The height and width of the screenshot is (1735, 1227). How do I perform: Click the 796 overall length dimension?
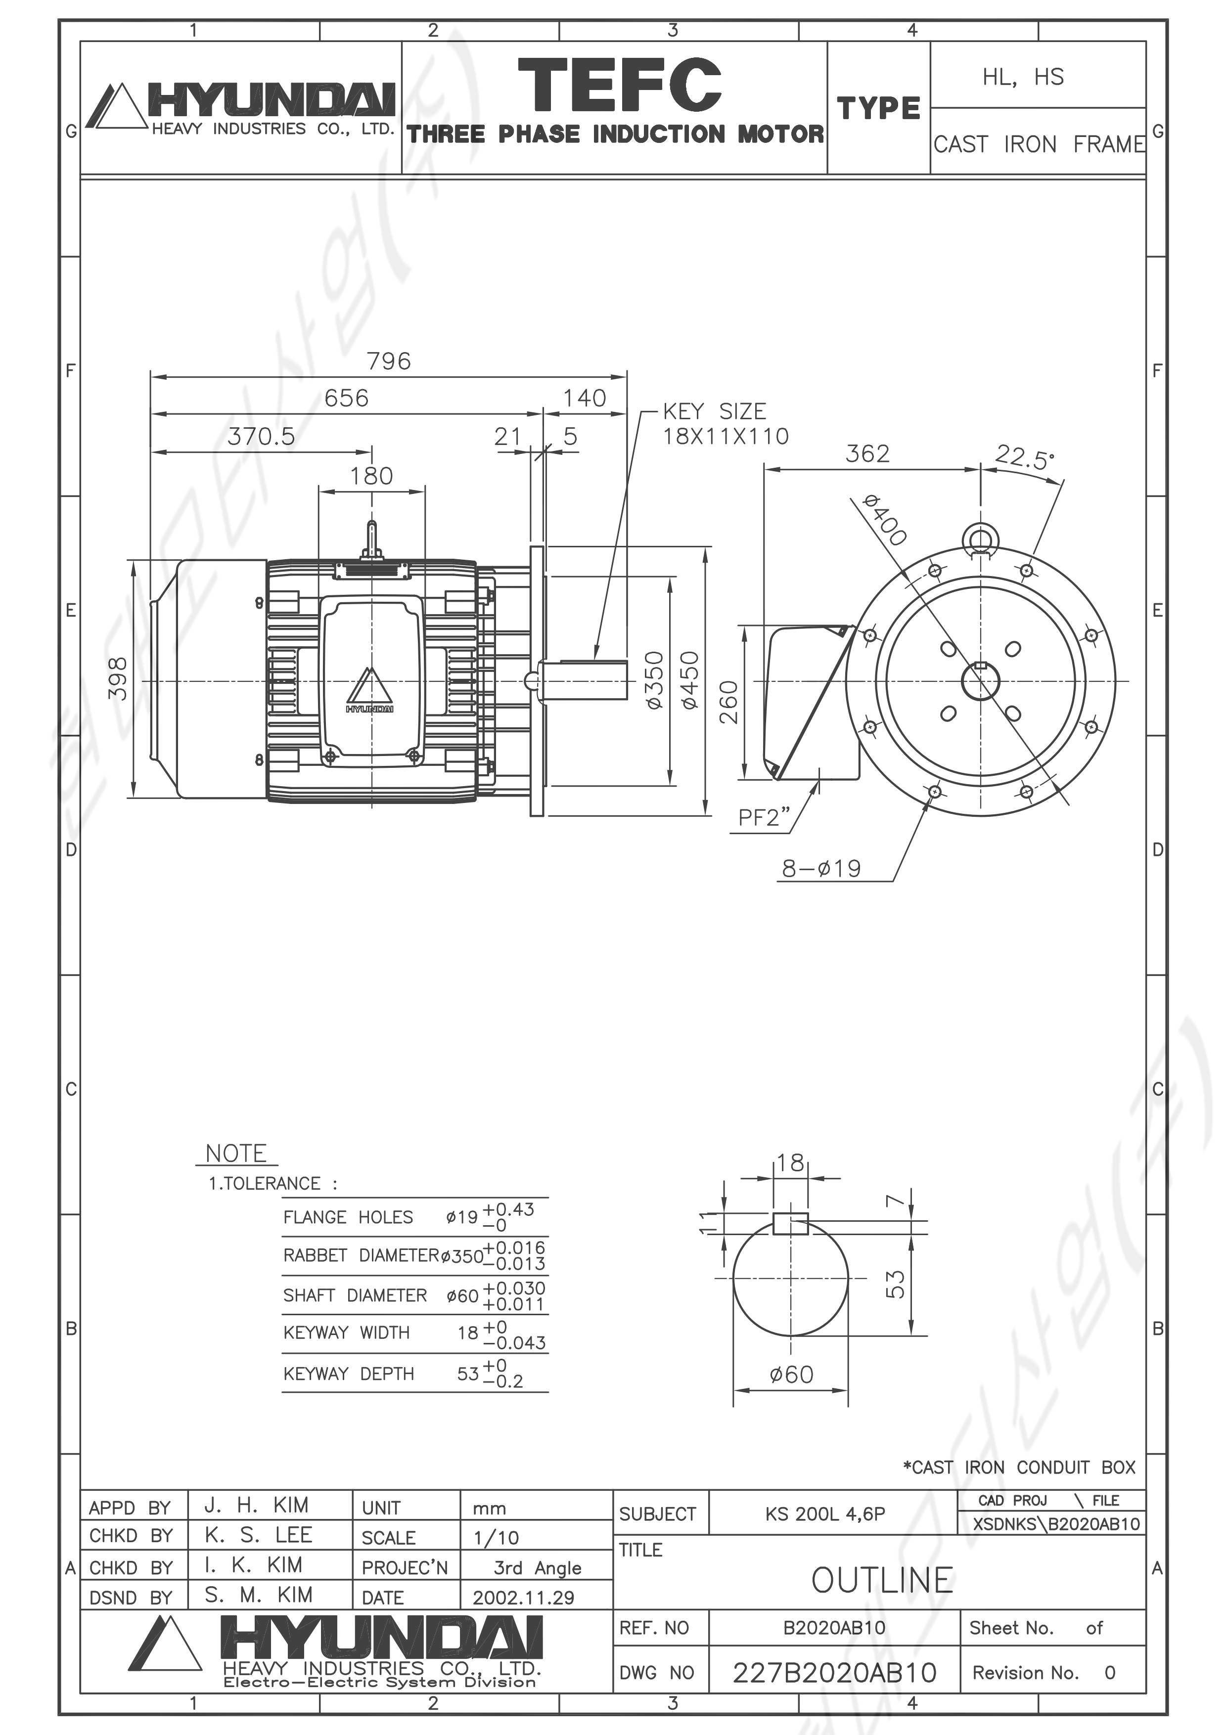tap(389, 361)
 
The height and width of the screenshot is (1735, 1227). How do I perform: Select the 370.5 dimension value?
tap(262, 436)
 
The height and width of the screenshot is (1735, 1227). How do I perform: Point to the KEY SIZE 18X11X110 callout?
tap(726, 424)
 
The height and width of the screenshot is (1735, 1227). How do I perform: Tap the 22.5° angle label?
tap(1024, 457)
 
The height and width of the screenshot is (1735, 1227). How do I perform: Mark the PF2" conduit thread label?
tap(764, 817)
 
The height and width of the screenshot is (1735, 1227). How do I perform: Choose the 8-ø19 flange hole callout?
tap(821, 868)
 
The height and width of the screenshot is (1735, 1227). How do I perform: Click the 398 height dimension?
tap(119, 678)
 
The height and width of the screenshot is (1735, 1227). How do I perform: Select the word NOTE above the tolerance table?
tap(236, 1154)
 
